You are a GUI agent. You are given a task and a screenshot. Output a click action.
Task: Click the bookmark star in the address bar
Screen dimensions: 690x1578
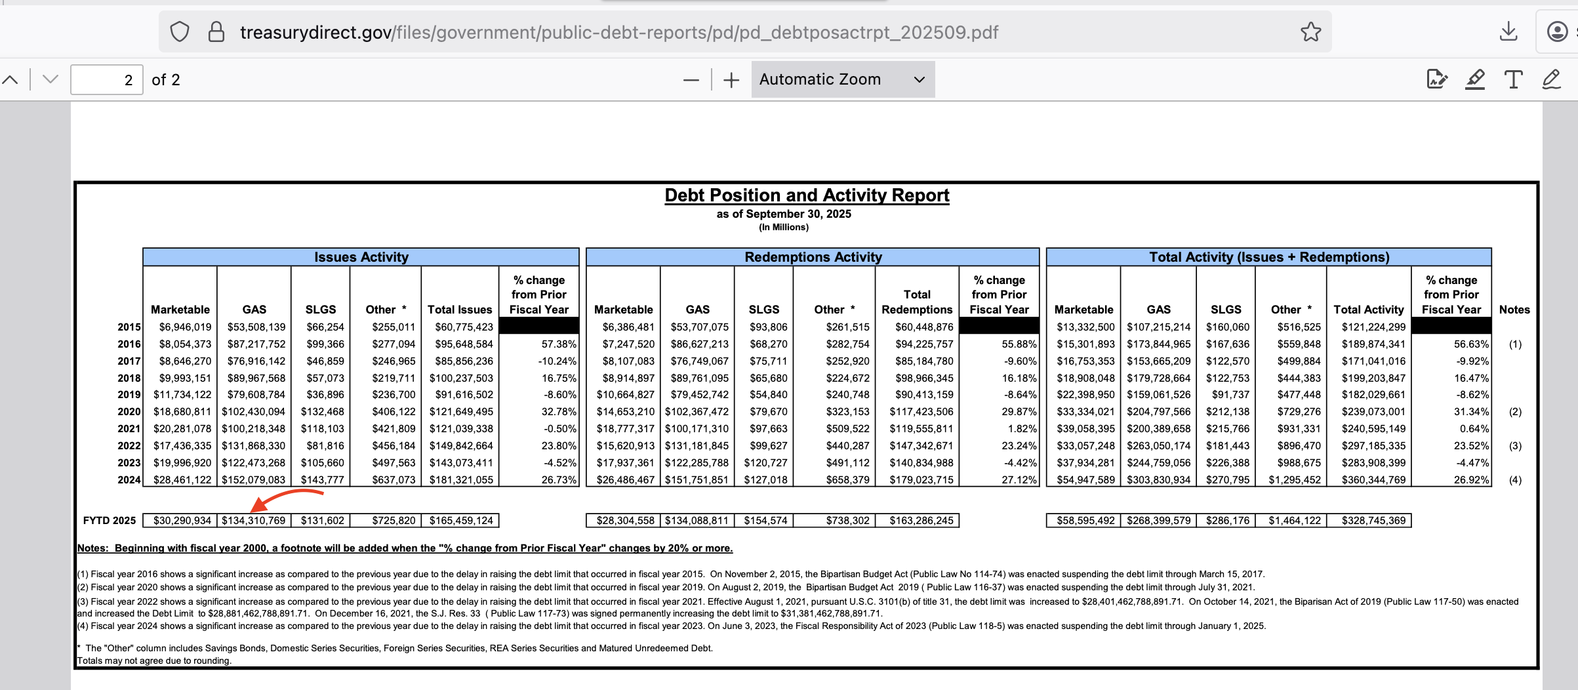tap(1310, 31)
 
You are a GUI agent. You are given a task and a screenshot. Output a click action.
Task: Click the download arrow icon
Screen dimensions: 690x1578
tap(1508, 31)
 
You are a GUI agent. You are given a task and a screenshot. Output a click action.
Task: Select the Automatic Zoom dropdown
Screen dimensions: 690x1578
tap(843, 79)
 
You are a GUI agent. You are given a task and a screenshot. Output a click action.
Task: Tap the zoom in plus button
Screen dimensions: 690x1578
tap(731, 80)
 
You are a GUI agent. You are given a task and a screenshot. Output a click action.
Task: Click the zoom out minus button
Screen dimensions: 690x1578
tap(691, 80)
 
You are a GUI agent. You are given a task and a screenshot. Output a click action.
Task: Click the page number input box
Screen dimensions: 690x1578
tap(106, 80)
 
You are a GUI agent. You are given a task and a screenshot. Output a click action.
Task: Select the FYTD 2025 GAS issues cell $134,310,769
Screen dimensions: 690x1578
tap(254, 520)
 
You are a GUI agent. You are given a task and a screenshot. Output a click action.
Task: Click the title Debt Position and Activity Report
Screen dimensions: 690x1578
tap(807, 195)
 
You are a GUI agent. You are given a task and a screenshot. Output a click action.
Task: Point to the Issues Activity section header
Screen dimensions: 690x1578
tap(361, 257)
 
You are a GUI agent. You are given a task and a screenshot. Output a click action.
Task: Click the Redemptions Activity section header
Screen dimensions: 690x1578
tap(813, 257)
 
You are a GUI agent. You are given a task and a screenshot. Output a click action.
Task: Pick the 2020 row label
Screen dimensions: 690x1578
tap(129, 412)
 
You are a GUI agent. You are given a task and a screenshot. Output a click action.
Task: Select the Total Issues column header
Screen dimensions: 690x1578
tap(460, 310)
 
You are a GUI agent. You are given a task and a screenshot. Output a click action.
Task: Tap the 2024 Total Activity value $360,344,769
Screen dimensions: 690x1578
tap(1373, 480)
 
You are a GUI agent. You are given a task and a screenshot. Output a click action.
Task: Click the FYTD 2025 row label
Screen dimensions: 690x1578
tap(110, 521)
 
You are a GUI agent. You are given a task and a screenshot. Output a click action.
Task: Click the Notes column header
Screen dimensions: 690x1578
tap(1514, 310)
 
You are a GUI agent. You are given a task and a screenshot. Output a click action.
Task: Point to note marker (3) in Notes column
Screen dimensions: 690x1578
tap(1515, 446)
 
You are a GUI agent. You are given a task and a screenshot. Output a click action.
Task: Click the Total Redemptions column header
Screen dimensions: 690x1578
tap(917, 302)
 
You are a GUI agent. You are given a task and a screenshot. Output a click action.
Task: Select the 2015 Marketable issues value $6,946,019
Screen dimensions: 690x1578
tap(185, 327)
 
